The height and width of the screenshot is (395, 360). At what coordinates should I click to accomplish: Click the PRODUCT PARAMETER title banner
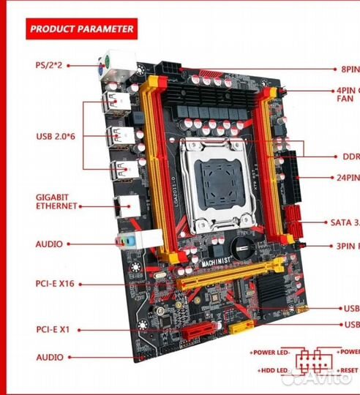(x=80, y=29)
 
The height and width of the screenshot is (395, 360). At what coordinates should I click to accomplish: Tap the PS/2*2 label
(x=48, y=65)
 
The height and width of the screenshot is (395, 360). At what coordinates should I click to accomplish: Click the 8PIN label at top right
(x=349, y=69)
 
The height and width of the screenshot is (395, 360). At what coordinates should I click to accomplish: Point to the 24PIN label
(x=347, y=177)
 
